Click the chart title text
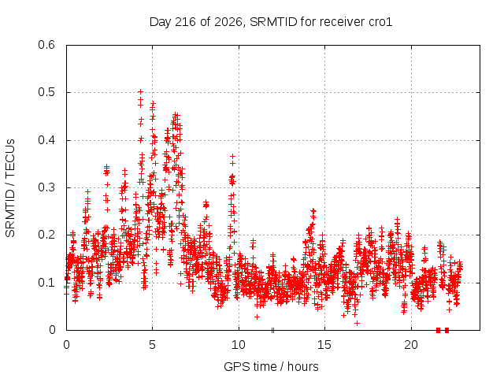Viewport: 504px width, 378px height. (271, 22)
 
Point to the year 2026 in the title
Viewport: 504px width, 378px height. (228, 22)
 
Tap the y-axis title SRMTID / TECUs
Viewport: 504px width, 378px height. (10, 188)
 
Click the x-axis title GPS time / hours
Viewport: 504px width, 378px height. (271, 366)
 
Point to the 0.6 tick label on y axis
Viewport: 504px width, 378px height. (46, 45)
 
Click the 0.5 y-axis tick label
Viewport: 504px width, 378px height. (46, 92)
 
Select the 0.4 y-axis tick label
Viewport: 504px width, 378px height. (46, 140)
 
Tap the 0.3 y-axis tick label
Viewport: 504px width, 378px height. (46, 187)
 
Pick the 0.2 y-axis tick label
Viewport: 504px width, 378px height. (46, 235)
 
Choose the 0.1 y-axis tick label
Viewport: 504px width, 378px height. (46, 283)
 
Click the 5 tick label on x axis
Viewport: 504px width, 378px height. (152, 345)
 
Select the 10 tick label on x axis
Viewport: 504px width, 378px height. (239, 345)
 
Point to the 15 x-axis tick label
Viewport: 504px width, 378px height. (324, 345)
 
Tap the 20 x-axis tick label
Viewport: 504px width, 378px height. (411, 345)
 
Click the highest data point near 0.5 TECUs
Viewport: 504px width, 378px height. (140, 92)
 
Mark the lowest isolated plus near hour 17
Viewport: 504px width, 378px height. (357, 323)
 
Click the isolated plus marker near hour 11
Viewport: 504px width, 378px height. (257, 317)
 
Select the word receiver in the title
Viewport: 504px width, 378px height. (343, 22)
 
